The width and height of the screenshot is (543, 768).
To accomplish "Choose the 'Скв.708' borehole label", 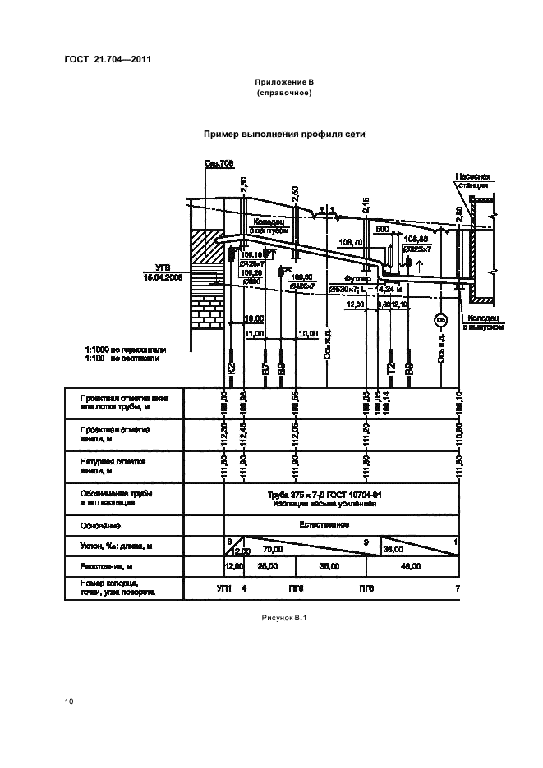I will coord(219,164).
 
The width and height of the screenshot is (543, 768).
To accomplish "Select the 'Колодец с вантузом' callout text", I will coord(268,226).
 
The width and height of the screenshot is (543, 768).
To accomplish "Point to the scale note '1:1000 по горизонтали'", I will coord(125,350).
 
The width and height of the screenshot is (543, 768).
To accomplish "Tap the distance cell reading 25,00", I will coord(268,566).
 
